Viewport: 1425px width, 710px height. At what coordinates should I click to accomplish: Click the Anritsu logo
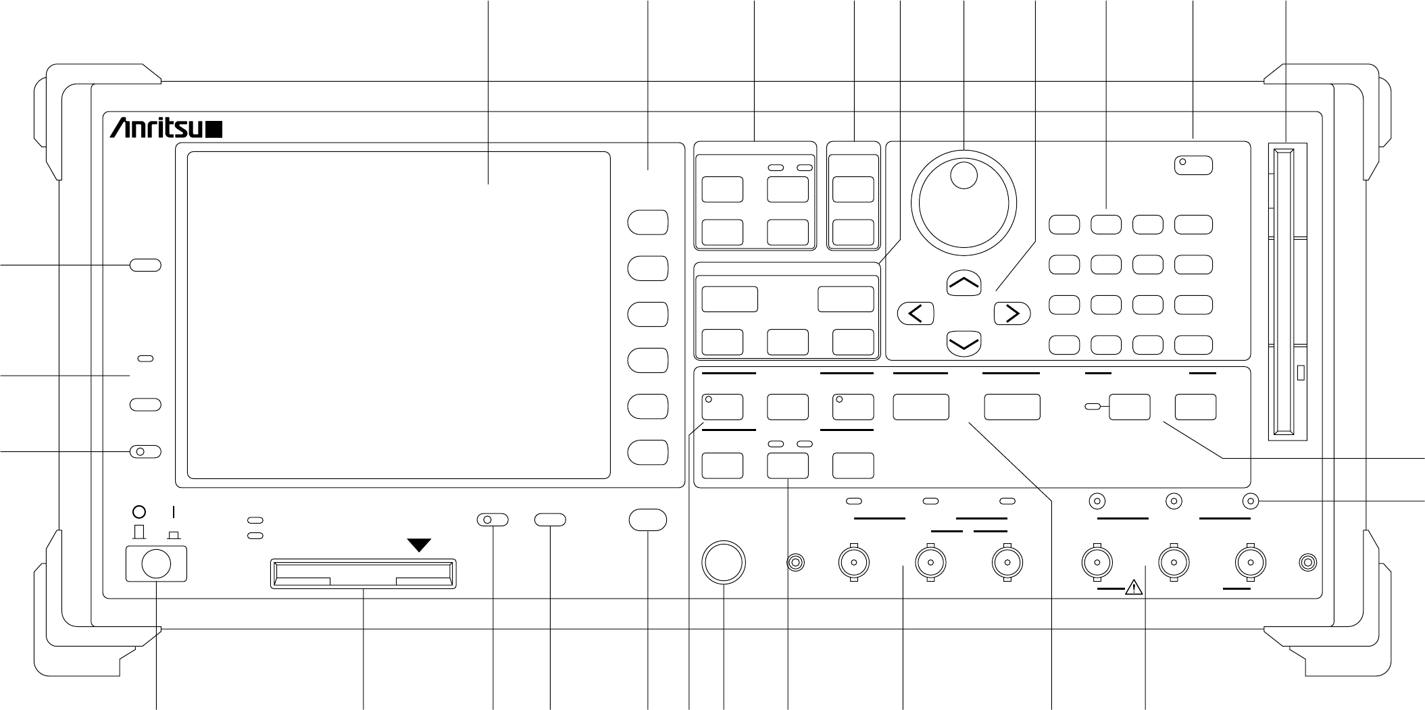coord(166,129)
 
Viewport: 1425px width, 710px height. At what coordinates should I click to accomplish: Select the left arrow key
coord(916,313)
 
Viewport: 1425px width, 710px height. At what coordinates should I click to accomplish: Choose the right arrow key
coord(1012,313)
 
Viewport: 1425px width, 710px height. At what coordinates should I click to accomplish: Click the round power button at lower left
coord(156,563)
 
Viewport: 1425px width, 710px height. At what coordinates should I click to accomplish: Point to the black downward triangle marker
coord(420,544)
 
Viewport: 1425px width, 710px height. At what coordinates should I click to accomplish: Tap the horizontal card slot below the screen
coord(363,573)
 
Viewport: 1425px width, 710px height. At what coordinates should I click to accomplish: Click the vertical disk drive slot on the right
coord(1288,290)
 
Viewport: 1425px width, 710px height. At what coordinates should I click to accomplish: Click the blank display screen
coord(398,315)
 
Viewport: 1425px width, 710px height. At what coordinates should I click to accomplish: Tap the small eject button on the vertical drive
coord(1301,374)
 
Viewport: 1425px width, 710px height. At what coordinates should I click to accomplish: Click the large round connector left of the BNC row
coord(724,562)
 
